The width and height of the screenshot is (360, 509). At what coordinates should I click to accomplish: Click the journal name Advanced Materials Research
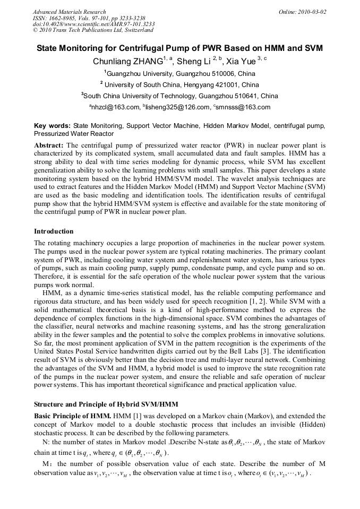pos(69,12)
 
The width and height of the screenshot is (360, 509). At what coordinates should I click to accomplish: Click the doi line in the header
pos(93,24)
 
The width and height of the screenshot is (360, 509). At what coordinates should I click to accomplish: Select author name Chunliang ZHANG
pos(127,62)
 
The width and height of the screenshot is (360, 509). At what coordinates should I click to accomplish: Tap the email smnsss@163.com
pos(244,107)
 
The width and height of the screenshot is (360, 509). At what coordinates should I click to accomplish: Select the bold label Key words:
pos(52,126)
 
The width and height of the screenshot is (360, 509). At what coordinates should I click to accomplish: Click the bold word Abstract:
pos(49,145)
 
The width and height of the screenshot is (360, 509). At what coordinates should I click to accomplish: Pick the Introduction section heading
pos(54,231)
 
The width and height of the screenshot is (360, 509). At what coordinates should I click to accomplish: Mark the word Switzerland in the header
pos(142,31)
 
